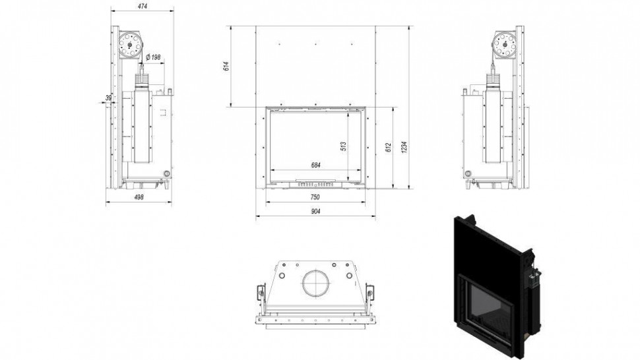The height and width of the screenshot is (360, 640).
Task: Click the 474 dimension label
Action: click(x=143, y=7)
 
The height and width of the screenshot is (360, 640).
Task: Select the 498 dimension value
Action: click(x=139, y=197)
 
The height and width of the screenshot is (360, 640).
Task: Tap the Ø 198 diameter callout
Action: click(x=153, y=57)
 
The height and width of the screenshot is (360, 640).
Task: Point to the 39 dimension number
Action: click(x=108, y=98)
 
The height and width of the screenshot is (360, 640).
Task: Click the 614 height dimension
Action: click(x=226, y=66)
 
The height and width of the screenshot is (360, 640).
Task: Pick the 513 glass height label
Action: click(x=343, y=147)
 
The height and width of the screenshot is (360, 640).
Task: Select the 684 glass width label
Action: click(x=315, y=165)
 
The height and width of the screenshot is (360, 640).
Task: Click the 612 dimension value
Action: click(x=388, y=148)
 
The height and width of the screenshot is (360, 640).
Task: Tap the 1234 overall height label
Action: click(x=404, y=148)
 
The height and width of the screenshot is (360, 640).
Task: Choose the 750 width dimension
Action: click(x=315, y=197)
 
